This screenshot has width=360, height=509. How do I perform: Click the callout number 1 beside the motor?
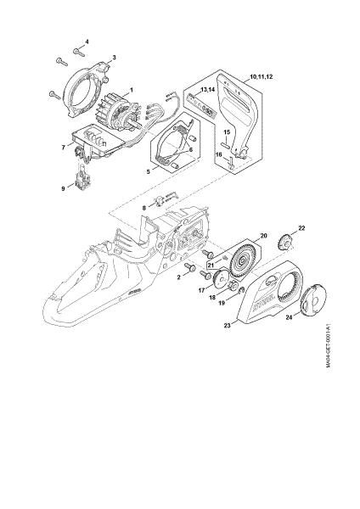(130, 90)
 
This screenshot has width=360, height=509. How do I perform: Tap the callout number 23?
(227, 324)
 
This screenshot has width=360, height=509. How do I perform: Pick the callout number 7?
(63, 147)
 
